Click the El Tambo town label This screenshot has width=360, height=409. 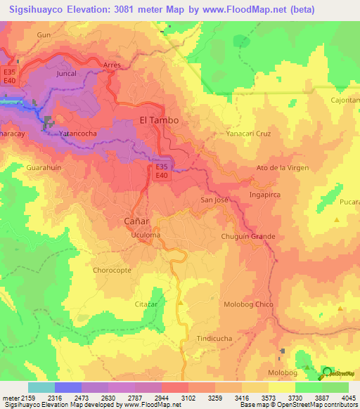tap(159, 120)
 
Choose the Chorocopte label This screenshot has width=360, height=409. tap(112, 269)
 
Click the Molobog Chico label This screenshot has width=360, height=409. tap(248, 304)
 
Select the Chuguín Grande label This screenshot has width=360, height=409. tap(249, 237)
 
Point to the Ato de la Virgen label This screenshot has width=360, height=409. tap(283, 167)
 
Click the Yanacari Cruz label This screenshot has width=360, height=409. tap(247, 133)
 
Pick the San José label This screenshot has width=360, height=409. tap(215, 200)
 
